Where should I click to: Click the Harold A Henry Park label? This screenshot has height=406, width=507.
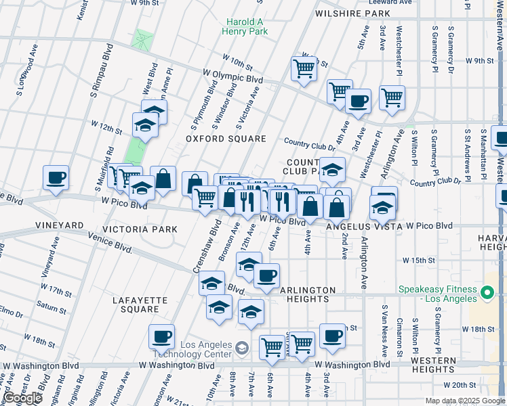tap(245, 26)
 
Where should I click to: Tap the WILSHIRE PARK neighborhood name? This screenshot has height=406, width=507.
tap(352, 13)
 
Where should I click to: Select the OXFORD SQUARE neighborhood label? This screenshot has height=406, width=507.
tap(226, 139)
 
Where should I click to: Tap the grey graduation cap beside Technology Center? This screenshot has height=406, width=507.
tap(241, 348)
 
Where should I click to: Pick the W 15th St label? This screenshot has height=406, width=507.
tap(418, 260)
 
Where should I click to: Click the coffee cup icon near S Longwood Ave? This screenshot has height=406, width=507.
tap(56, 179)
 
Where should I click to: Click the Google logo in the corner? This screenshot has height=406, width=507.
tap(23, 398)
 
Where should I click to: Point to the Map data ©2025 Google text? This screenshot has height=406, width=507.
tap(465, 401)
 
